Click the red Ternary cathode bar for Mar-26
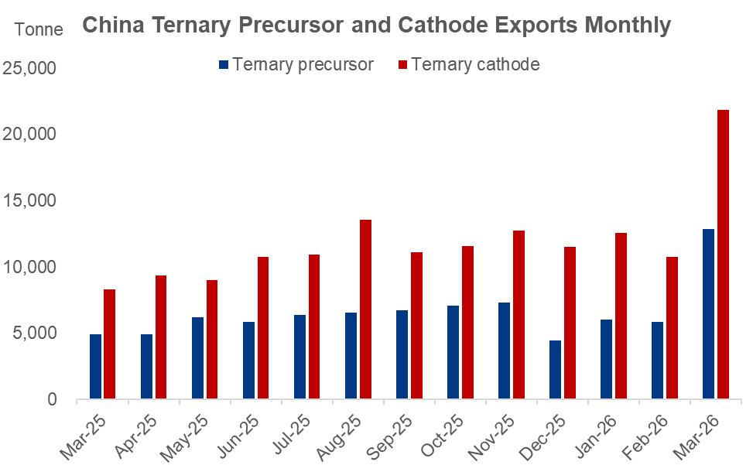[x=723, y=255]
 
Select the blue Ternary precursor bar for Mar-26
[x=708, y=314]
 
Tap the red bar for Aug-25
[x=365, y=310]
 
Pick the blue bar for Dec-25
[x=555, y=370]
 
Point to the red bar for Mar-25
[x=110, y=344]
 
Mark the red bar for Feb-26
[x=672, y=328]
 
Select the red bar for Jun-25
[x=263, y=328]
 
